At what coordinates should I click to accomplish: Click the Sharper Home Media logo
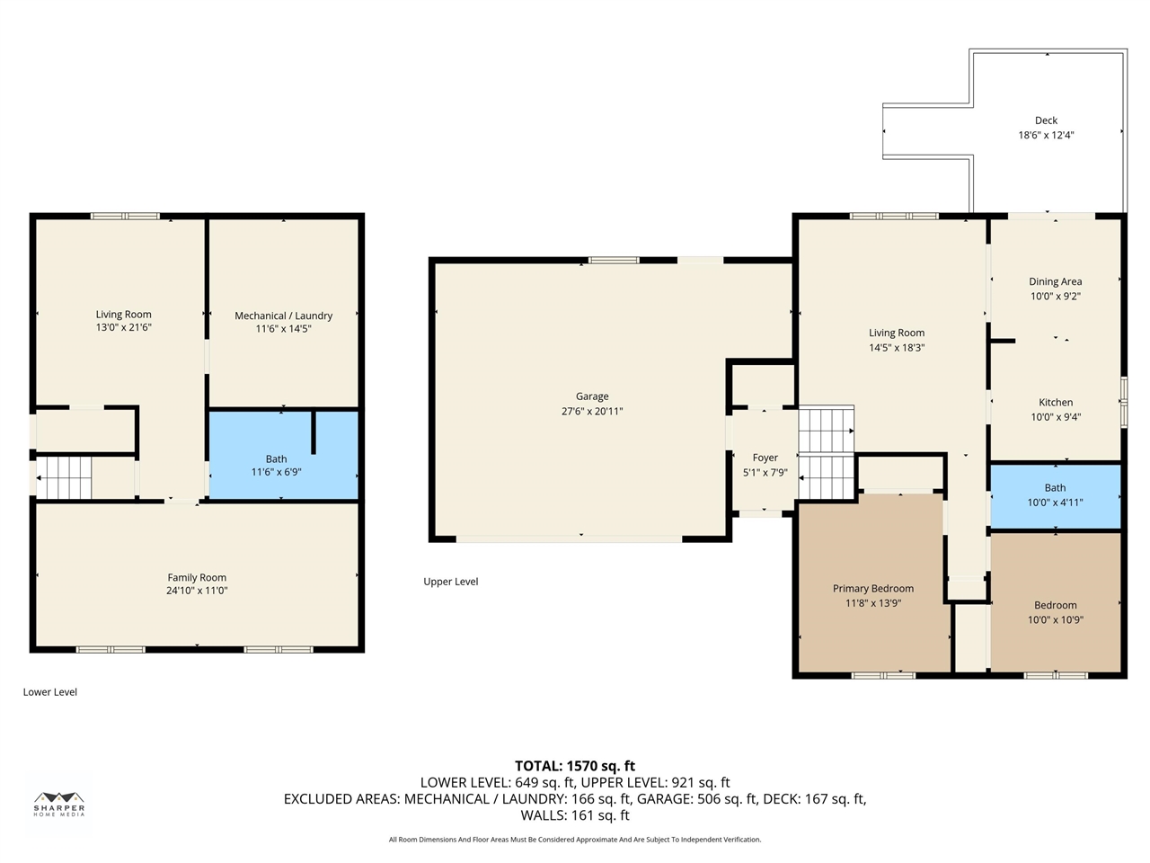tap(59, 804)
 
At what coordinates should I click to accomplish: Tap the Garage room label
tap(592, 396)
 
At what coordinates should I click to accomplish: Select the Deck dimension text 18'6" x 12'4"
tap(1046, 135)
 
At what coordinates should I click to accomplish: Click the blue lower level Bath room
tap(283, 455)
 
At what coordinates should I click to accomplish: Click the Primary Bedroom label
tap(873, 589)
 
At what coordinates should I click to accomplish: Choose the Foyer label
tap(765, 458)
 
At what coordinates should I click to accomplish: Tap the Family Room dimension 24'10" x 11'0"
tap(197, 591)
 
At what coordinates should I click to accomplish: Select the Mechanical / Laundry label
tap(283, 316)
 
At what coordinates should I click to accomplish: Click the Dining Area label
tap(1055, 281)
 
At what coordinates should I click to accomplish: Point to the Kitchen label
tap(1056, 403)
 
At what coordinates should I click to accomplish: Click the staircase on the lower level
tap(64, 478)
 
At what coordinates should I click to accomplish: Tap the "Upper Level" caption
tap(451, 582)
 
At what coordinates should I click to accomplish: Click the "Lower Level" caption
tap(49, 692)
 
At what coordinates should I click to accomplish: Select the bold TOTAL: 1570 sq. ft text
tap(575, 766)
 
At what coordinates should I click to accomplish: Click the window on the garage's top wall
tap(614, 261)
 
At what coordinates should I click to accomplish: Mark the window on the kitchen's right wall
tap(1124, 403)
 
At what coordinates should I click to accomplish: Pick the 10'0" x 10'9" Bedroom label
tap(1055, 605)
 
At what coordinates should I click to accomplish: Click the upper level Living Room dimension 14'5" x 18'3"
tap(897, 348)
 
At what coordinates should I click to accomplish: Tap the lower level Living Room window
tap(125, 217)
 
